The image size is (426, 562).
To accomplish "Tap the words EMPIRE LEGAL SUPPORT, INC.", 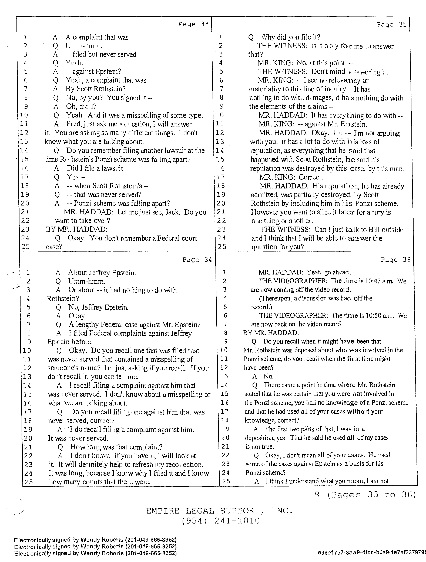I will [x=219, y=511].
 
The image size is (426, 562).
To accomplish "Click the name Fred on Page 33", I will [x=73, y=124].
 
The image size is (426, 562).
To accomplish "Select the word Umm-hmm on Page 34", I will [x=87, y=281].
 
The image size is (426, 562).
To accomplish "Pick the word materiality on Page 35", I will [x=265, y=89].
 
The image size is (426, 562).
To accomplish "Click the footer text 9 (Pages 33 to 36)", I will [x=365, y=495].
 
